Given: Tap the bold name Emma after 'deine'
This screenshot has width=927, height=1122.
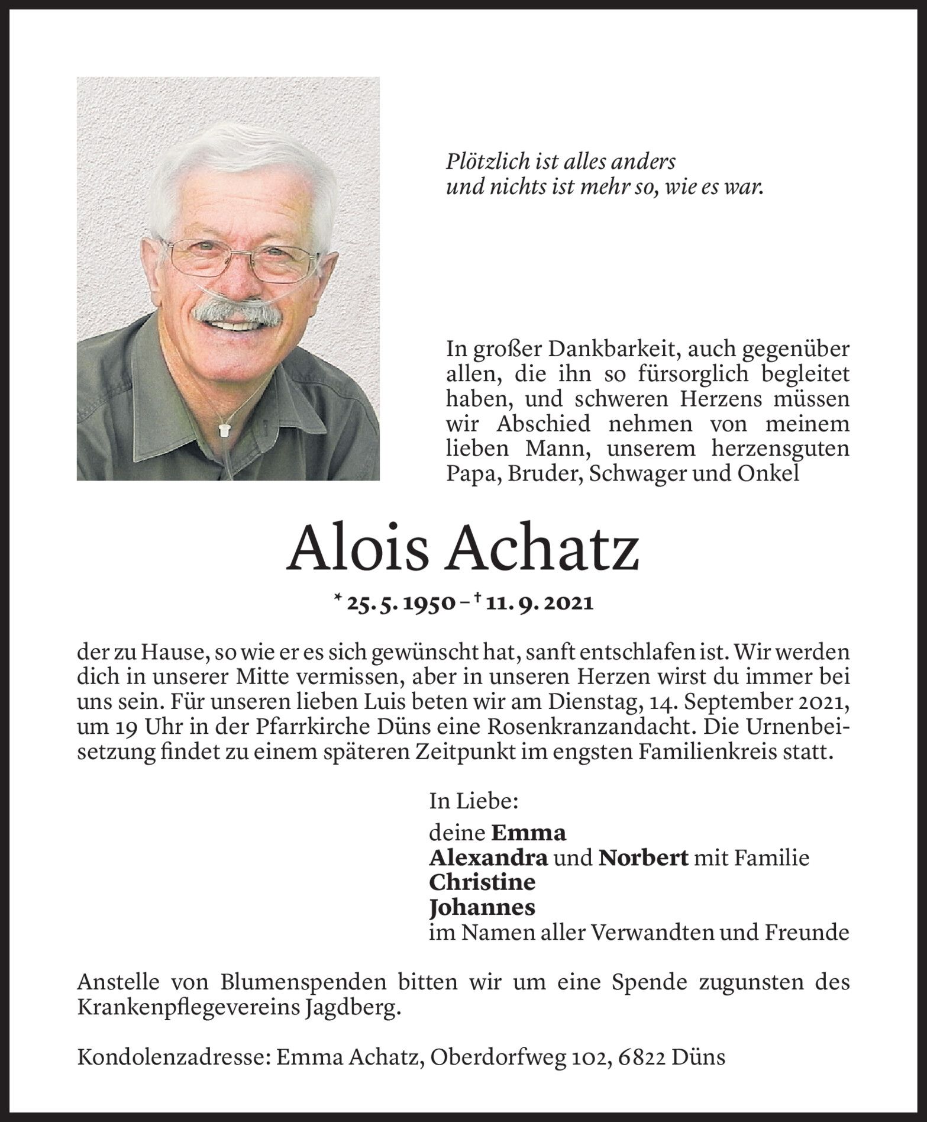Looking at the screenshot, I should pyautogui.click(x=528, y=833).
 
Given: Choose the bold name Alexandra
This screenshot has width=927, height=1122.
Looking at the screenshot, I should pyautogui.click(x=488, y=857).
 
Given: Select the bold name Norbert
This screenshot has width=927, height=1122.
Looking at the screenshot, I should pyautogui.click(x=643, y=857).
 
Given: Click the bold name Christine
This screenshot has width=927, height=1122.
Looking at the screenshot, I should pyautogui.click(x=482, y=882).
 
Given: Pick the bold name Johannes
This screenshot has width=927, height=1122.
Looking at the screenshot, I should pyautogui.click(x=482, y=907).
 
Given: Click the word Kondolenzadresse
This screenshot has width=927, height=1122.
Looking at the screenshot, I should pyautogui.click(x=172, y=1057).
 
